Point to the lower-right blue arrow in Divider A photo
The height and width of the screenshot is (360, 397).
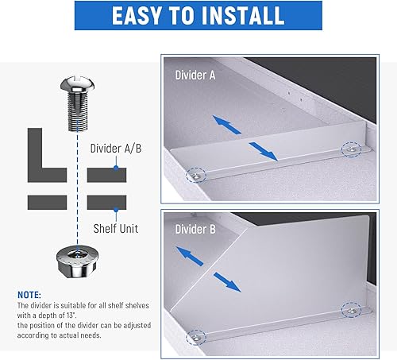(263, 151)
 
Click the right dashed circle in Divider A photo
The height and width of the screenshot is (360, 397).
(351, 148)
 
